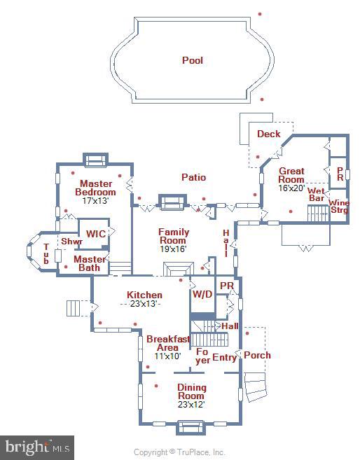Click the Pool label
[x=193, y=60]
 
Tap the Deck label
[x=268, y=134]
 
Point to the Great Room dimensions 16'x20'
[x=291, y=188]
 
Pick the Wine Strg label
[x=339, y=206]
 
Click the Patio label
[x=193, y=177]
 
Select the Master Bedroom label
[x=95, y=188]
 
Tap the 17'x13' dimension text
[x=95, y=200]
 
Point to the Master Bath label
[x=90, y=263]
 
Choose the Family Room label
[x=174, y=236]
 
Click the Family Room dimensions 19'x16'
[x=174, y=249]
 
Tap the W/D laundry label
[x=202, y=294]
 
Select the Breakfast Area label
[x=167, y=343]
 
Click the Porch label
[x=257, y=355]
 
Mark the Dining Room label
[x=191, y=391]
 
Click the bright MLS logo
[x=37, y=447]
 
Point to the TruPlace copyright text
[x=179, y=452]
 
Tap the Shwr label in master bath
[x=71, y=242]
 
